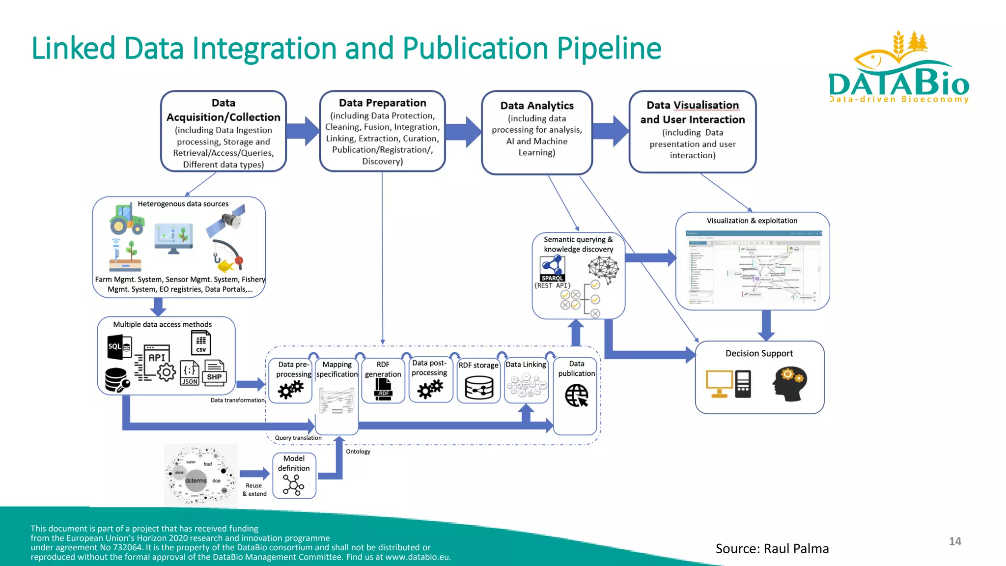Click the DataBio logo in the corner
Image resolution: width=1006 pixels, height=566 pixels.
click(x=899, y=69)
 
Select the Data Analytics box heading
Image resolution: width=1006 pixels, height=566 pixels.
click(x=536, y=106)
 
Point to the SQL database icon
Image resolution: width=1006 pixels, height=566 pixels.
click(x=119, y=346)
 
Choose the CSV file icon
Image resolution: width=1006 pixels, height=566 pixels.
click(x=201, y=342)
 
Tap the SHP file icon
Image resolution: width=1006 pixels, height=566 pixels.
click(x=215, y=373)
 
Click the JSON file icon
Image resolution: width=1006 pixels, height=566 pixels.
click(x=190, y=373)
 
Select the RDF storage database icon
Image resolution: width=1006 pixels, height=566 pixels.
click(x=479, y=388)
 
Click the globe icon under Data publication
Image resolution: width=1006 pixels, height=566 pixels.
click(x=576, y=395)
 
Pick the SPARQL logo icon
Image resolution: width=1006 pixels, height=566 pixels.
click(x=553, y=269)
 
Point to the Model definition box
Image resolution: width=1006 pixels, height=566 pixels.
click(x=294, y=475)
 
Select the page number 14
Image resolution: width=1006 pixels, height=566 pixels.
click(x=954, y=541)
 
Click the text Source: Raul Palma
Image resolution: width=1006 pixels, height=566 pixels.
click(x=772, y=549)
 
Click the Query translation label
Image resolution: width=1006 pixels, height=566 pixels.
click(x=298, y=438)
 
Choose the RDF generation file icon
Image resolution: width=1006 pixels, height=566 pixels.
click(x=383, y=391)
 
